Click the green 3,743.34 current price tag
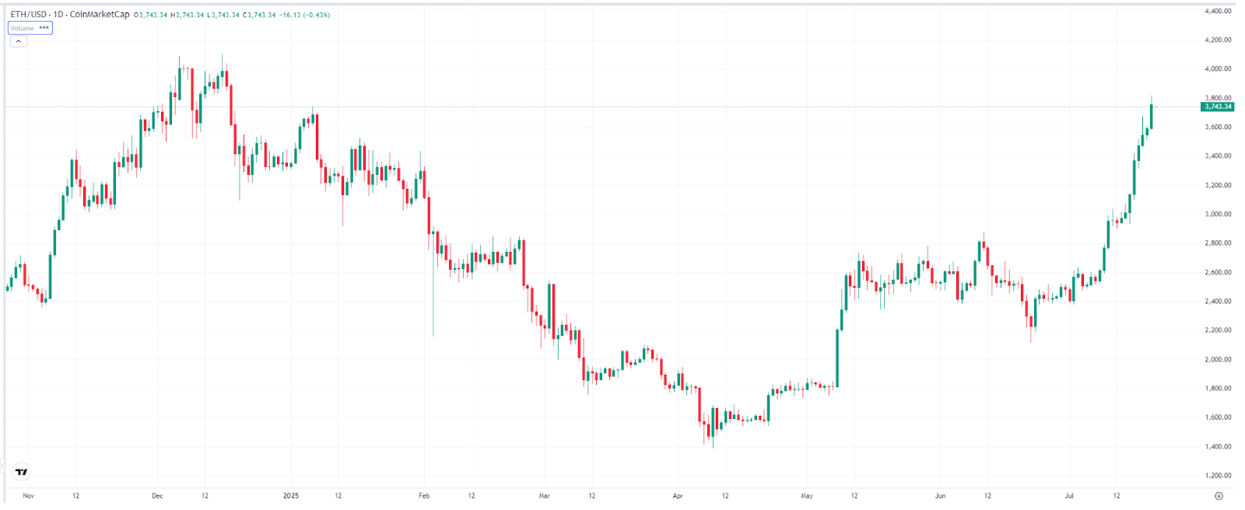(x=1217, y=107)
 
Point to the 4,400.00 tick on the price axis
(x=1218, y=11)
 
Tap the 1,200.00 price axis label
(x=1218, y=475)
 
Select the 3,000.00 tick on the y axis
(x=1218, y=214)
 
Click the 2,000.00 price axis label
(x=1218, y=359)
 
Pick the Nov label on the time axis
(x=28, y=495)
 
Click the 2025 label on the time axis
(x=290, y=495)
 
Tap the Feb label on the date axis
(x=424, y=495)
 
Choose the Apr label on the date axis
(x=678, y=495)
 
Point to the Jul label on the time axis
(x=1068, y=495)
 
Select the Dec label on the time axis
(x=157, y=495)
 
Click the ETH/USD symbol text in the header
(x=27, y=15)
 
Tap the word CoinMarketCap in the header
(x=100, y=15)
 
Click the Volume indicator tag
(x=23, y=28)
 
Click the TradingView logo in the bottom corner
(x=22, y=471)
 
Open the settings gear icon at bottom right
(x=1219, y=495)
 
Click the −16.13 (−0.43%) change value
(x=305, y=15)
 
